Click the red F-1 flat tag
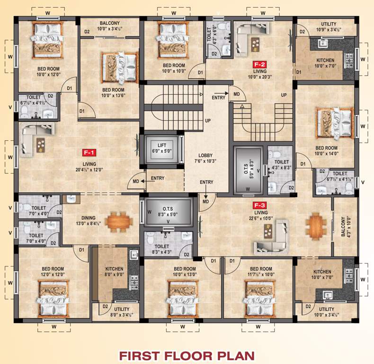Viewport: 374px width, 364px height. pos(89,153)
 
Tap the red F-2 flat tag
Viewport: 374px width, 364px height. pos(259,64)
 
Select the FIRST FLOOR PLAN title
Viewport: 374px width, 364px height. pos(187,355)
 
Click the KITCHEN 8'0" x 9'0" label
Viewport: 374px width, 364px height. pos(114,272)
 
